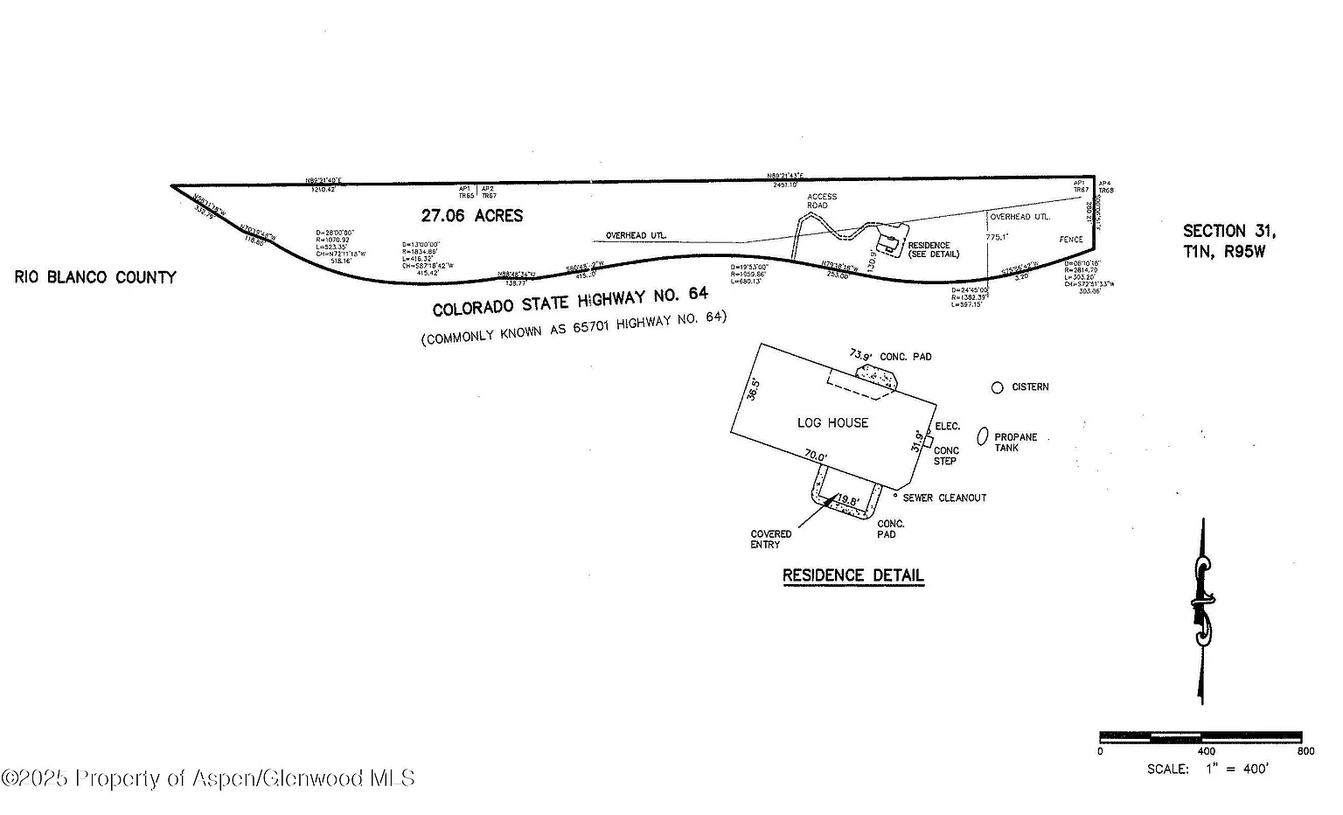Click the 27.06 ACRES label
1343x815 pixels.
pyautogui.click(x=472, y=215)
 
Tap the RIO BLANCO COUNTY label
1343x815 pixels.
pyautogui.click(x=95, y=277)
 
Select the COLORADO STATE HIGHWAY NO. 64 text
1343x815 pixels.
pyautogui.click(x=570, y=302)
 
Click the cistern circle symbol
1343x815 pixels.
pyautogui.click(x=997, y=387)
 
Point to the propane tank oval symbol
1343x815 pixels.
pyautogui.click(x=983, y=435)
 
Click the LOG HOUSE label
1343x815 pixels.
pyautogui.click(x=832, y=422)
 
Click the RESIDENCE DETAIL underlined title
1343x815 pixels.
pyautogui.click(x=852, y=575)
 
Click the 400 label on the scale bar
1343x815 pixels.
pyautogui.click(x=1206, y=751)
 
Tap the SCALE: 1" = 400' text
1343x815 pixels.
pyautogui.click(x=1207, y=770)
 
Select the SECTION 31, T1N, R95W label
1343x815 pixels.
pyautogui.click(x=1228, y=241)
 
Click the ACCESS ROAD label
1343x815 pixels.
pyautogui.click(x=822, y=201)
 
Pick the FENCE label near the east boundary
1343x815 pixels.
pyautogui.click(x=1071, y=239)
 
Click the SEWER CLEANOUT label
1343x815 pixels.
pyautogui.click(x=944, y=498)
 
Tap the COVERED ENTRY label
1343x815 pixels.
pyautogui.click(x=770, y=539)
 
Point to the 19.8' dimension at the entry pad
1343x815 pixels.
pyautogui.click(x=848, y=500)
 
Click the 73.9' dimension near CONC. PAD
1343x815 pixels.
pyautogui.click(x=860, y=355)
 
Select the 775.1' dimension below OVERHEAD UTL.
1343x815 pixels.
pyautogui.click(x=997, y=237)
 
